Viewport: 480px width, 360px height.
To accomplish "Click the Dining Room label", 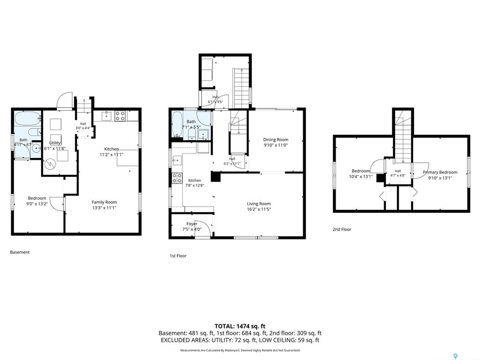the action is [x=276, y=140].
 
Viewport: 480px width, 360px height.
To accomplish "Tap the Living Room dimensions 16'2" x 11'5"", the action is [x=259, y=210].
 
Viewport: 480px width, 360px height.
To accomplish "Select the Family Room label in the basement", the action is [x=104, y=202].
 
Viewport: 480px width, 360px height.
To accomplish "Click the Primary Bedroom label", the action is [x=440, y=172].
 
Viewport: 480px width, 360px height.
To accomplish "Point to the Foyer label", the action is [x=192, y=224].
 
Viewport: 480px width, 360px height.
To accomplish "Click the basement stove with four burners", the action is [x=120, y=116].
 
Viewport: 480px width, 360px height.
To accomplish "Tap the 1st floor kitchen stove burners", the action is [x=177, y=178].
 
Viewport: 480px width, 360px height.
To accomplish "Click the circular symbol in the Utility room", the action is [x=50, y=164].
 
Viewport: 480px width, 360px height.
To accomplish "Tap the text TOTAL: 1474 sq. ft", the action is [x=240, y=326].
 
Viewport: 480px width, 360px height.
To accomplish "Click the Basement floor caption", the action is [x=20, y=252].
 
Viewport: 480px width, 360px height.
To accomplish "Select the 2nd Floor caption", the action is [x=342, y=229].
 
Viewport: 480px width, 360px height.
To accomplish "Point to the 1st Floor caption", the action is [x=178, y=255].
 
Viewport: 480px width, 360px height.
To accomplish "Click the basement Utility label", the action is [x=55, y=143].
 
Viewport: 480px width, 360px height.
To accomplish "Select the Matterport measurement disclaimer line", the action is [x=240, y=350].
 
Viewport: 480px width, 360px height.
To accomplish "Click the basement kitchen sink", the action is [x=106, y=116].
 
